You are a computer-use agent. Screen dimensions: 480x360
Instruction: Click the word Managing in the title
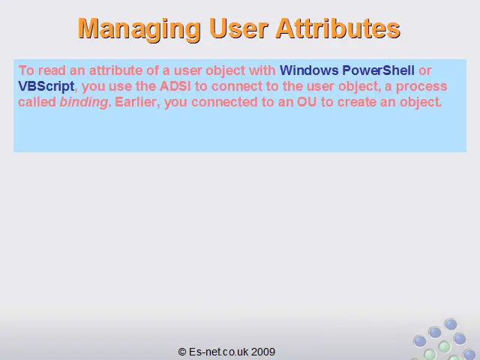coord(139,29)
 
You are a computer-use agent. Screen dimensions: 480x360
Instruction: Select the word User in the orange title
coord(238,28)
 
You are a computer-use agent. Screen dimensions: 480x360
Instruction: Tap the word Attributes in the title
coord(338,28)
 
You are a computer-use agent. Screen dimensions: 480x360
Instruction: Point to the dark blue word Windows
coord(309,70)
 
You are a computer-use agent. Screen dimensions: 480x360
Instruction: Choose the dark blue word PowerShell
coord(378,70)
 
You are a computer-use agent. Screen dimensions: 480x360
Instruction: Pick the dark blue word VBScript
coord(46,87)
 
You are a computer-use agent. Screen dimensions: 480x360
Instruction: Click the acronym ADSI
coord(175,86)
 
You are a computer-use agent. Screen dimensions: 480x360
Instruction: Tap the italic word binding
coord(84,102)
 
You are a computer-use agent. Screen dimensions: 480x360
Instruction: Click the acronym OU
coord(307,102)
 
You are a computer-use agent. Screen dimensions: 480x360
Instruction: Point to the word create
coord(357,102)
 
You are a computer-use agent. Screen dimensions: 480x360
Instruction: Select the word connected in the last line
coord(224,102)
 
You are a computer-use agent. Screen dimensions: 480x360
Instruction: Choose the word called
coord(37,102)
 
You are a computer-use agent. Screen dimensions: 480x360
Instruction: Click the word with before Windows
coord(262,70)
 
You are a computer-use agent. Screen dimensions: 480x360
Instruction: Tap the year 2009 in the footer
coord(263,352)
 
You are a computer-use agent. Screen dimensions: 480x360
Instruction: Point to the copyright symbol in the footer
coord(182,352)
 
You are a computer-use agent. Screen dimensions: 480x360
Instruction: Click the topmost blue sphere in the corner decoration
coord(451,324)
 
